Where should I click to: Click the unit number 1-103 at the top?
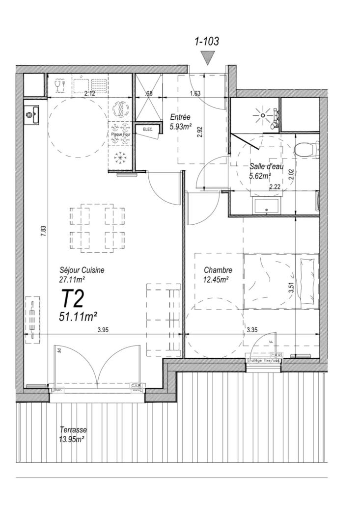[206, 42]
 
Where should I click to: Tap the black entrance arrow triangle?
[209, 59]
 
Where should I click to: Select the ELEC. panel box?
[147, 130]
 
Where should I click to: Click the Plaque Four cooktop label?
[119, 134]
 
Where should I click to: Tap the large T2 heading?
[73, 298]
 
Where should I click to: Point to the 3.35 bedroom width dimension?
[252, 330]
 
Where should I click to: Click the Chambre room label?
[218, 270]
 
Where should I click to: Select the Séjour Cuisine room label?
[82, 270]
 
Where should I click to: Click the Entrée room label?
[180, 117]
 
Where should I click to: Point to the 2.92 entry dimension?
[200, 133]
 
